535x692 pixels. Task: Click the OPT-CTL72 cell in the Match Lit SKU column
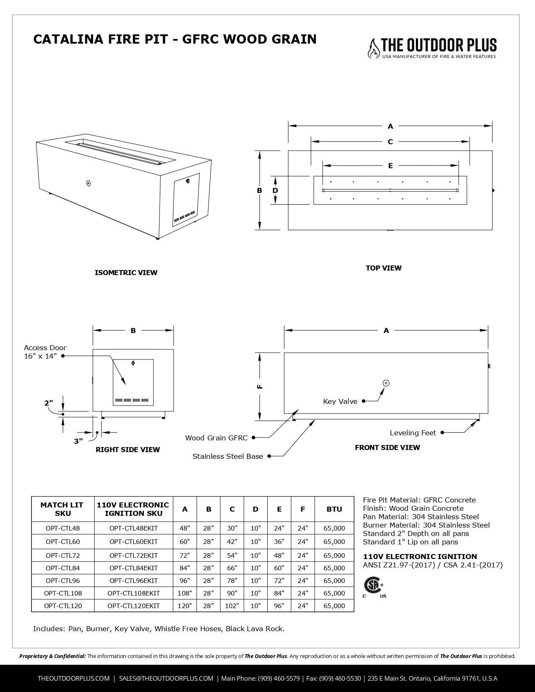click(x=63, y=555)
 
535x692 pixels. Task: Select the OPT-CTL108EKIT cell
click(x=133, y=593)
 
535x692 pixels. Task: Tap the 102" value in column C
click(x=232, y=606)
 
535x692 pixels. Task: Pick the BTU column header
click(x=334, y=509)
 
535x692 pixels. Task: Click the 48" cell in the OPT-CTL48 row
click(x=185, y=528)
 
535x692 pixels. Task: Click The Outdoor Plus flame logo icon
click(x=373, y=49)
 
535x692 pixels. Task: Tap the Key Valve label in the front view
click(x=340, y=401)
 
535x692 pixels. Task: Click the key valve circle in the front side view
click(x=386, y=382)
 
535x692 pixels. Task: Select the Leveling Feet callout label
click(x=413, y=433)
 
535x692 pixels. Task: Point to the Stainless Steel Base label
click(x=227, y=456)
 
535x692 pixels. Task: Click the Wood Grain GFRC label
click(x=216, y=438)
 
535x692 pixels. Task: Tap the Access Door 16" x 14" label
click(x=44, y=352)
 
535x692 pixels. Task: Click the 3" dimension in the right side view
click(x=78, y=441)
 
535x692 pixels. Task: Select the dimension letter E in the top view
click(x=390, y=166)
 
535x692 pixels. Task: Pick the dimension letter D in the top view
click(x=275, y=190)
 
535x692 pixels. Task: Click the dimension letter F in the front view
click(x=260, y=386)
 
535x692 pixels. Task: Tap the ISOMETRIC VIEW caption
click(x=126, y=273)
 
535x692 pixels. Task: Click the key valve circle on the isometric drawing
click(x=88, y=183)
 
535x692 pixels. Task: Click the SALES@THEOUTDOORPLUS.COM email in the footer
click(x=166, y=678)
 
